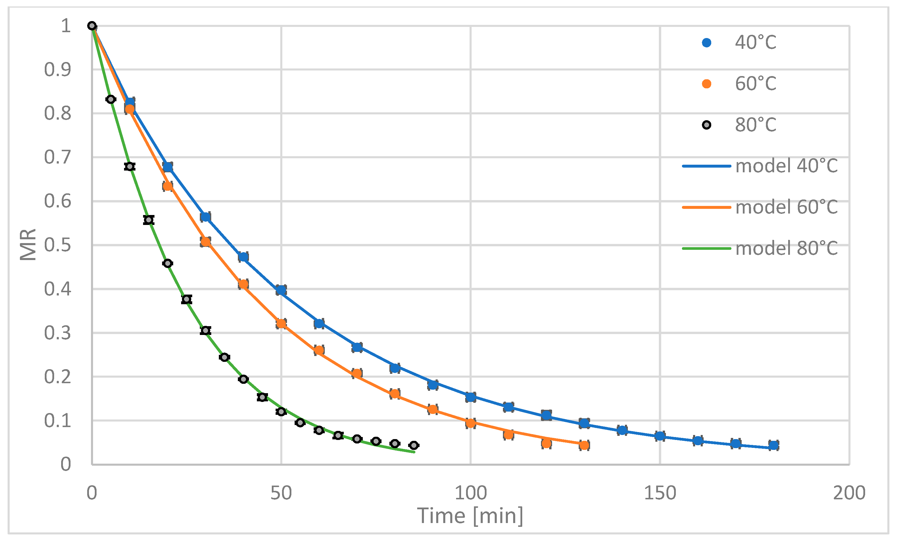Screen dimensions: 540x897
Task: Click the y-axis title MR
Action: pos(28,245)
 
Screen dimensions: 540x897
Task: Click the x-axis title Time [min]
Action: pos(470,516)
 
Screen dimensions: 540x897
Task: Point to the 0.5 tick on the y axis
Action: pos(58,245)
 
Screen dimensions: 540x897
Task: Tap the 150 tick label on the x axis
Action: pos(660,493)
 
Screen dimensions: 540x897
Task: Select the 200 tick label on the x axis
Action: pos(849,493)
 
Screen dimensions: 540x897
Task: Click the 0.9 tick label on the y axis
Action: pos(58,70)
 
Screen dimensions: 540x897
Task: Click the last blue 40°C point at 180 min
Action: pos(774,445)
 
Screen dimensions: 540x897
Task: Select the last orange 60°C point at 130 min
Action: pos(584,445)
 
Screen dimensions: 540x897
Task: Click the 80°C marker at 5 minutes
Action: pos(111,99)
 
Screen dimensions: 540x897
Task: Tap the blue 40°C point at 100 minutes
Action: pos(470,397)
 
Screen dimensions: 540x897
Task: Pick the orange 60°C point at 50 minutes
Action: pos(281,324)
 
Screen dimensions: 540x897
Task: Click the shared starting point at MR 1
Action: pos(92,26)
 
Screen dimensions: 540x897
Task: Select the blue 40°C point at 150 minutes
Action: pos(660,436)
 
